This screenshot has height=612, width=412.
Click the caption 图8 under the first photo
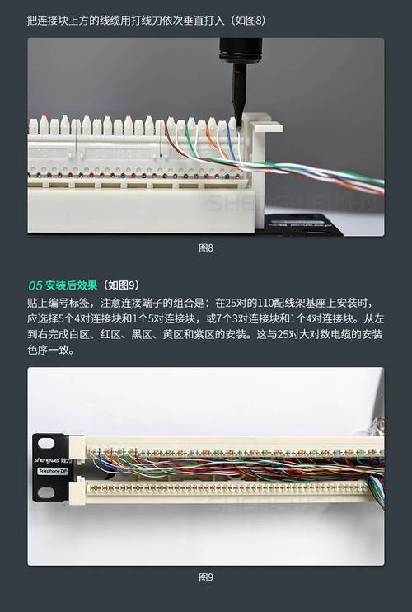(x=206, y=247)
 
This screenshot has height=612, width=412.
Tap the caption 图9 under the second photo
(x=206, y=577)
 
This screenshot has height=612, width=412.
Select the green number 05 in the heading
(x=35, y=285)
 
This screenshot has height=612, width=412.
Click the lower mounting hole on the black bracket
(x=45, y=492)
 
